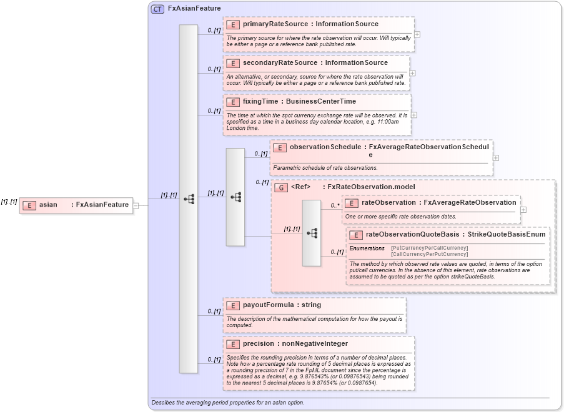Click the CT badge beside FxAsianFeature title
pos(158,9)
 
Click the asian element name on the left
pos(48,205)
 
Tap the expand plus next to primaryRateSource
pos(417,34)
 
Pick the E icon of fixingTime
pos(233,102)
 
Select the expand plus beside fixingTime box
pos(414,115)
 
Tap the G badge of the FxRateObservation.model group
pos(281,187)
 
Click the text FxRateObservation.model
pos(371,187)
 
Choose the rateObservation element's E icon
pos(352,203)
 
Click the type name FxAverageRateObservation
pos(470,203)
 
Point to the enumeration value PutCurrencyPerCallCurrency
pos(429,248)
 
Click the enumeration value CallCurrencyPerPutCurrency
pos(429,254)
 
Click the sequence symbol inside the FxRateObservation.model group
pos(312,233)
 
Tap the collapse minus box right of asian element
pos(136,205)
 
